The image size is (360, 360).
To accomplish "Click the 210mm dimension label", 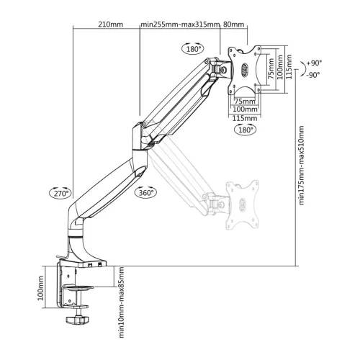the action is pyautogui.click(x=110, y=24).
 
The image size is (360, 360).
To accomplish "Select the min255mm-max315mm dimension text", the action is pyautogui.click(x=180, y=24).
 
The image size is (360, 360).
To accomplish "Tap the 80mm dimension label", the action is pyautogui.click(x=233, y=24).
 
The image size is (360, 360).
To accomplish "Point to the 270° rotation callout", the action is pyautogui.click(x=60, y=193).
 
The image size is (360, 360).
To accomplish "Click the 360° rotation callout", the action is pyautogui.click(x=146, y=192).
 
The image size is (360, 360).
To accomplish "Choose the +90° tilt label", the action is pyautogui.click(x=314, y=63).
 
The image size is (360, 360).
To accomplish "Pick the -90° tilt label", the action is pyautogui.click(x=313, y=75).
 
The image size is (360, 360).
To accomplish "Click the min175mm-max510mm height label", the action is pyautogui.click(x=301, y=165).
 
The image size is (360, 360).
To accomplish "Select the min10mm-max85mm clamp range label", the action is pyautogui.click(x=122, y=302).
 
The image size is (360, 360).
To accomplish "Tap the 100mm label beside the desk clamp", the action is pyautogui.click(x=40, y=288).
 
